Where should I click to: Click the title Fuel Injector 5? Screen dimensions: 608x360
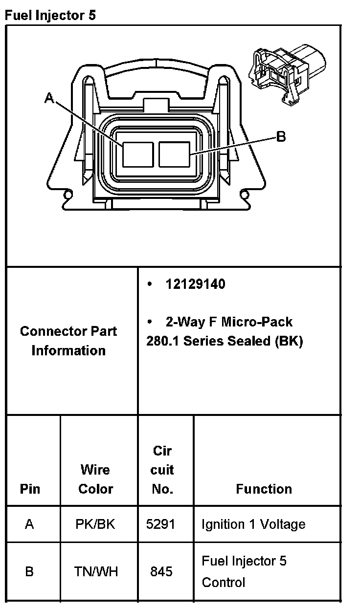point(50,15)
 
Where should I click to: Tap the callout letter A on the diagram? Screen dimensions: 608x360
point(49,99)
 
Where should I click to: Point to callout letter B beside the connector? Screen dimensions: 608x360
point(281,136)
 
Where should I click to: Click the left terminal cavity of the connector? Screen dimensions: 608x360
point(137,154)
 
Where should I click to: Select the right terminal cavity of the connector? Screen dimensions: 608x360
point(174,154)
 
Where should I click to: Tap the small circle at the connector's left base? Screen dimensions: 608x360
point(68,196)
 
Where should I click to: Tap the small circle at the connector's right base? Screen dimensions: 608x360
point(245,196)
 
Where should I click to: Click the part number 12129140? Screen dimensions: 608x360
point(195,284)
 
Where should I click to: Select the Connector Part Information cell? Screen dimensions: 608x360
point(68,341)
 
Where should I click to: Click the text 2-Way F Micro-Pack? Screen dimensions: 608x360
point(229,322)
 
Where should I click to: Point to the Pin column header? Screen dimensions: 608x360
point(30,489)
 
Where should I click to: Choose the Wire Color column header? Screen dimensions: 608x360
point(95,479)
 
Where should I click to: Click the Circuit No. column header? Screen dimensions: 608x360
point(162,470)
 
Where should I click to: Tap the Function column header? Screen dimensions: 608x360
point(264,489)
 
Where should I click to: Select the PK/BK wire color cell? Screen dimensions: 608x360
point(95,524)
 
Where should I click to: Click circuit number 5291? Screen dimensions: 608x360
point(160,524)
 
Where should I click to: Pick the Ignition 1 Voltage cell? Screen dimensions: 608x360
point(253,524)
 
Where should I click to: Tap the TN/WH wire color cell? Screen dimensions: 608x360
point(96,571)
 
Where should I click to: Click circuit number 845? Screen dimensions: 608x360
point(161,571)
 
